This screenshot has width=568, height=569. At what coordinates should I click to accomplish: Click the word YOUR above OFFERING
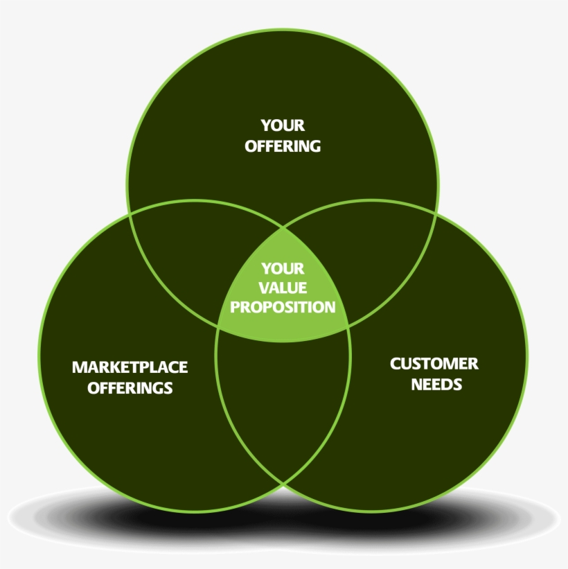(x=283, y=125)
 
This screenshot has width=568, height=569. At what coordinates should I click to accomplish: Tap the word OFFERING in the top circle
(x=283, y=146)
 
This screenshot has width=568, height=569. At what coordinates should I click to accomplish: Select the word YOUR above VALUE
(x=283, y=268)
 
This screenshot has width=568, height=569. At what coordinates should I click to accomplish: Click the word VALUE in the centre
(x=283, y=287)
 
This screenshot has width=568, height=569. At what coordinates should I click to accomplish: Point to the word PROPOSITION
(x=283, y=306)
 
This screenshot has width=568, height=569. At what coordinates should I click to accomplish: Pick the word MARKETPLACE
(x=130, y=367)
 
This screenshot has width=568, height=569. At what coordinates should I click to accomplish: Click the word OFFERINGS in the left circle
(x=130, y=387)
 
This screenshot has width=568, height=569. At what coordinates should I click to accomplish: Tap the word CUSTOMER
(x=434, y=364)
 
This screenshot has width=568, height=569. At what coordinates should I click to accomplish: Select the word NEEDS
(x=436, y=384)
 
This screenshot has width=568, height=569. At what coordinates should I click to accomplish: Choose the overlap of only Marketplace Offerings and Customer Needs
(x=283, y=402)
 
